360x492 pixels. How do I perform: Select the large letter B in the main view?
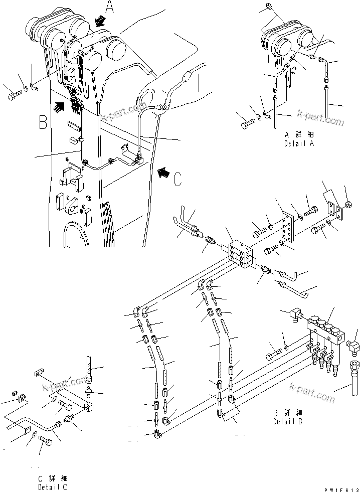(x=44, y=122)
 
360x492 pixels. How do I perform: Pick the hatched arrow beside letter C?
(x=163, y=173)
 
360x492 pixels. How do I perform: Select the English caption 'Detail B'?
(x=288, y=421)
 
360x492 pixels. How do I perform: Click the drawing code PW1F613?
(x=342, y=488)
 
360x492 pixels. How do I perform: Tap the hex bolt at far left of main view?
(x=14, y=95)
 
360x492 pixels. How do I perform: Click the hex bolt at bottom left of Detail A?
(x=248, y=122)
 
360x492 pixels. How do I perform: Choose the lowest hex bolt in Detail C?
(x=46, y=444)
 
